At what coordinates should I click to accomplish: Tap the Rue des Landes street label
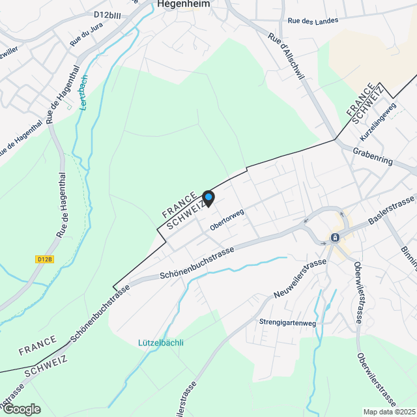tap(313, 21)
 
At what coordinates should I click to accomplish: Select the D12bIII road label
tap(108, 14)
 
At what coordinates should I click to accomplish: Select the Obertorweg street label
tap(227, 220)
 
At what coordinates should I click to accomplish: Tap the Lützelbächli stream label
tap(161, 343)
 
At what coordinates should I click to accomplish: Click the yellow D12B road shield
tap(44, 259)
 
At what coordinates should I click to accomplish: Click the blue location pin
tap(208, 197)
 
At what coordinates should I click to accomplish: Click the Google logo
tap(22, 409)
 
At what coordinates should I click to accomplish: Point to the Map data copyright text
tap(389, 412)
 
